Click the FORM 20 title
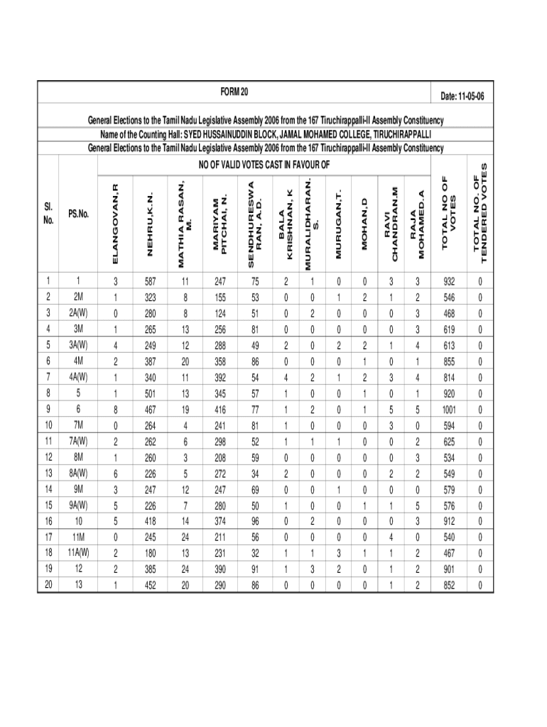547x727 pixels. click(235, 92)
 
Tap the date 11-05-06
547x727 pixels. click(462, 96)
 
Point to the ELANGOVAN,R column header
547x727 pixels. click(116, 222)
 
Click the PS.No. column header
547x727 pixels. click(78, 214)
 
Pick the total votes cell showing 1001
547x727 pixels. click(448, 410)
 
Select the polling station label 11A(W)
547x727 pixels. click(78, 552)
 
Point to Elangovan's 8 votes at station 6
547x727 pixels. click(116, 410)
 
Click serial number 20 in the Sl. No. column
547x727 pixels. click(48, 585)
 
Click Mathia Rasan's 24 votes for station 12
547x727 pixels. click(185, 568)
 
